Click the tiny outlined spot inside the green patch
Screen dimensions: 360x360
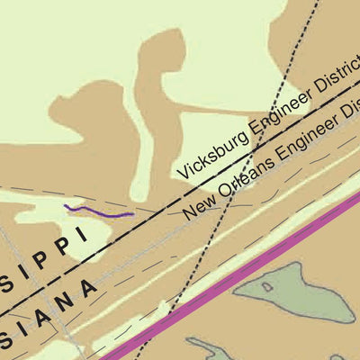pos(266,288)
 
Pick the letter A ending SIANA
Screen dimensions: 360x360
pos(88,290)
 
